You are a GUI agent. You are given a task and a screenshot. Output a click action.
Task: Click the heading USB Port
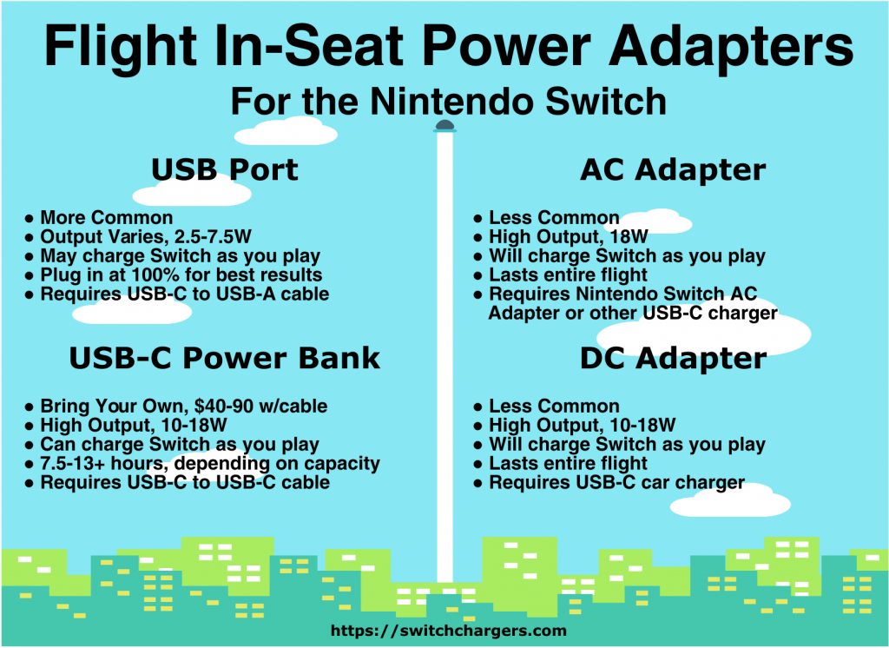pyautogui.click(x=225, y=169)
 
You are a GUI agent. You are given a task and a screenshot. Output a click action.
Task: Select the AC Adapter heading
pyautogui.click(x=673, y=169)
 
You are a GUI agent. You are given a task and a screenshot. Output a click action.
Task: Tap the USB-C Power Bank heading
pyautogui.click(x=225, y=358)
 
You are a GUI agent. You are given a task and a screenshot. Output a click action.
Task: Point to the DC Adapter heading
pyautogui.click(x=673, y=359)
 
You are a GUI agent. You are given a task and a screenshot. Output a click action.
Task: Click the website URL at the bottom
pyautogui.click(x=449, y=631)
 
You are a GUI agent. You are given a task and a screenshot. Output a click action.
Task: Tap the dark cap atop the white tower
pyautogui.click(x=444, y=126)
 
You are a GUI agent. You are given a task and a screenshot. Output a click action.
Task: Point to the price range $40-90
pyautogui.click(x=223, y=407)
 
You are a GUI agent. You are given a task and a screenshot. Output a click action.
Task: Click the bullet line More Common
pyautogui.click(x=107, y=218)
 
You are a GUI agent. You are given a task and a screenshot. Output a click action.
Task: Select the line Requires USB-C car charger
pyautogui.click(x=617, y=483)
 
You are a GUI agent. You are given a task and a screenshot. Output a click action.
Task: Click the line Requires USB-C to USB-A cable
pyautogui.click(x=185, y=294)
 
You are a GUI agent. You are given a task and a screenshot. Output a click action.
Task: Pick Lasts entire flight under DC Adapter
pyautogui.click(x=568, y=464)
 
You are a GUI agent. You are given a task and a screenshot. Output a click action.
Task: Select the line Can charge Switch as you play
pyautogui.click(x=180, y=444)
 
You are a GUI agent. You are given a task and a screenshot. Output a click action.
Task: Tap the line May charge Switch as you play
pyautogui.click(x=181, y=256)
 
